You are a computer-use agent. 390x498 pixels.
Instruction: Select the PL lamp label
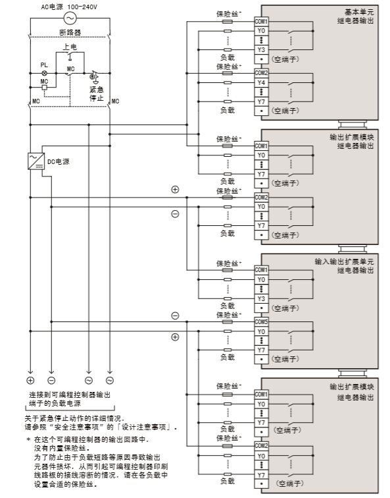point(44,65)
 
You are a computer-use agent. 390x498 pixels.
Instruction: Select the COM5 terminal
point(261,321)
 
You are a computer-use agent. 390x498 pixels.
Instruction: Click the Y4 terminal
point(261,82)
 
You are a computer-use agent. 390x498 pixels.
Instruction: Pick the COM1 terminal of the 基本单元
point(261,21)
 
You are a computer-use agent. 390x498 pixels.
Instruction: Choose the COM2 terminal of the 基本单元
point(261,72)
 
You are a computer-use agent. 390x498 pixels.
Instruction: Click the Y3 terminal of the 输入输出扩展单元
point(261,298)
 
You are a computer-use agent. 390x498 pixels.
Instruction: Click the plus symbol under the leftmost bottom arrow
point(30,380)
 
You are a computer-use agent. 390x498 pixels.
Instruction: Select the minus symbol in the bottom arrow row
point(51,380)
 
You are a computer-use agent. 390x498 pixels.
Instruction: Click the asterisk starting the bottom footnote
point(28,439)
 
